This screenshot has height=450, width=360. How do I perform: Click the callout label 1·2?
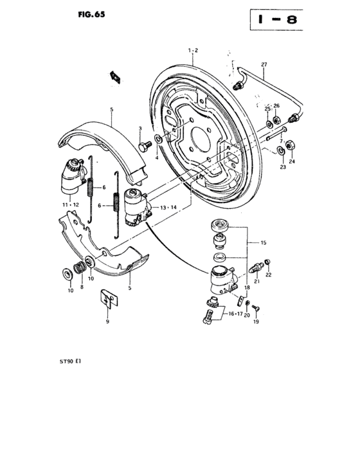pyautogui.click(x=193, y=50)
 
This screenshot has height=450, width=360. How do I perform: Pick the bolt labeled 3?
pyautogui.click(x=141, y=147)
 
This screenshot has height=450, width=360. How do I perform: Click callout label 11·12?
pyautogui.click(x=72, y=204)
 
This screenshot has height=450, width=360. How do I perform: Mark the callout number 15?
pyautogui.click(x=264, y=242)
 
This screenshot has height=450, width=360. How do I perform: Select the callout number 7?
pyautogui.click(x=280, y=141)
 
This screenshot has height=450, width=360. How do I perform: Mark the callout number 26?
pyautogui.click(x=277, y=105)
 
